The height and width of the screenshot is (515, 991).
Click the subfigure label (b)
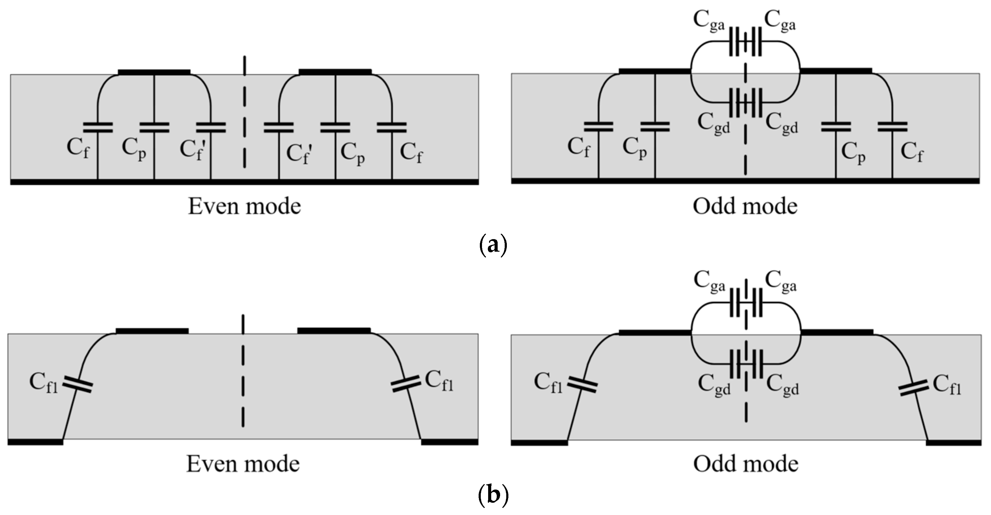coord(494,495)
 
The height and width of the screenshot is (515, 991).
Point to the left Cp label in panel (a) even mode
coord(134,149)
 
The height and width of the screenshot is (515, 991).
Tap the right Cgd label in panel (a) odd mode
coord(782,123)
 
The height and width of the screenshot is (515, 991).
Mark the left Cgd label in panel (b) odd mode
coord(714,384)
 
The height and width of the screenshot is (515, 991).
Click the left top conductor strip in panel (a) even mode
coord(154,72)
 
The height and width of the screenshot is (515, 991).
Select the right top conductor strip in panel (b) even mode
coord(334,330)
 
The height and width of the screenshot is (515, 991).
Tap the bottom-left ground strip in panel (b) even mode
coord(35,442)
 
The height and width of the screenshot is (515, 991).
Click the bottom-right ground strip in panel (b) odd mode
coord(953,443)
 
